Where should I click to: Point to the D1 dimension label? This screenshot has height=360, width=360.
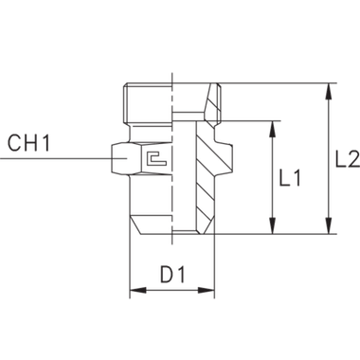point(171,277)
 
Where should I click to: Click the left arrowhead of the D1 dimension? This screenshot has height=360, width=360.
point(134,293)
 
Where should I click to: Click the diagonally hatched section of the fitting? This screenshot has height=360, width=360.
point(205,180)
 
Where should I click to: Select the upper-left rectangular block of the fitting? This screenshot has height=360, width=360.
point(147,102)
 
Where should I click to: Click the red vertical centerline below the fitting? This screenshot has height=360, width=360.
point(128,265)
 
